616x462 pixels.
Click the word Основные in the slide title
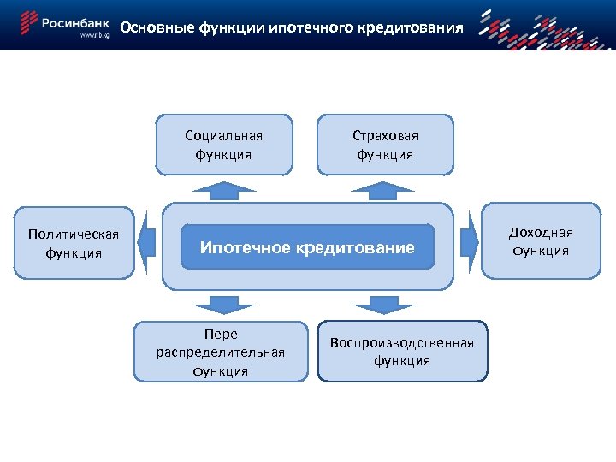(x=149, y=27)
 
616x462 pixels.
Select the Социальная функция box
(x=223, y=145)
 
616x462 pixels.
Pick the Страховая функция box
(x=385, y=145)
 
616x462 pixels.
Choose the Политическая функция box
(x=73, y=243)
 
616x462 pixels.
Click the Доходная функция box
(x=541, y=240)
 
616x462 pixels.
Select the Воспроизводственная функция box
(x=401, y=351)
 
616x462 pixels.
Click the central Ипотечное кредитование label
(x=306, y=247)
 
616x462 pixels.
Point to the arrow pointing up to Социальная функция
(x=223, y=189)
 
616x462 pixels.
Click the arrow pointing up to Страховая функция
(x=384, y=189)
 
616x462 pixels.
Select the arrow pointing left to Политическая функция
(x=145, y=243)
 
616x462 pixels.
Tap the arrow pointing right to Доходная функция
(x=469, y=242)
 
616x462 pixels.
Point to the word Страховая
(x=385, y=135)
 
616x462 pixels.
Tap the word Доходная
(x=541, y=232)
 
